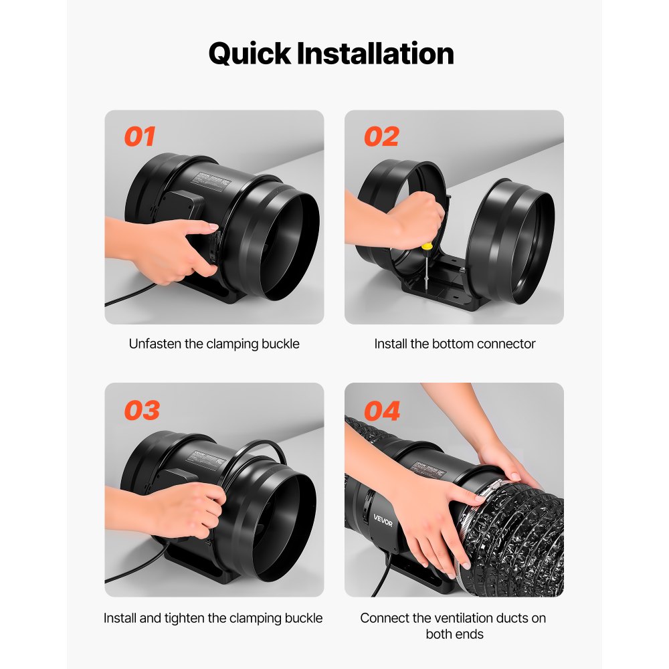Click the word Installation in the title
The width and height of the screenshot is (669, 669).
tap(384, 54)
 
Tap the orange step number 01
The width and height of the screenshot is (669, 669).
tap(140, 136)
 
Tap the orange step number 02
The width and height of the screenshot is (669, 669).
tap(381, 136)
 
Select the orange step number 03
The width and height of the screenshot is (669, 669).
tap(142, 410)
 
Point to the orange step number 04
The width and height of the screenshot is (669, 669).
tap(382, 410)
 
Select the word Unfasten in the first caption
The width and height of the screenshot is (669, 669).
tap(155, 344)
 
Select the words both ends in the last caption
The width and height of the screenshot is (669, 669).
tap(453, 634)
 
